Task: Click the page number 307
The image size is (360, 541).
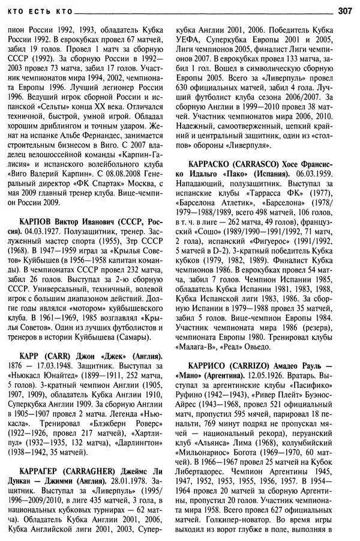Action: [346, 10]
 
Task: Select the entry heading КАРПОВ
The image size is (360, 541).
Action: [37, 221]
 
